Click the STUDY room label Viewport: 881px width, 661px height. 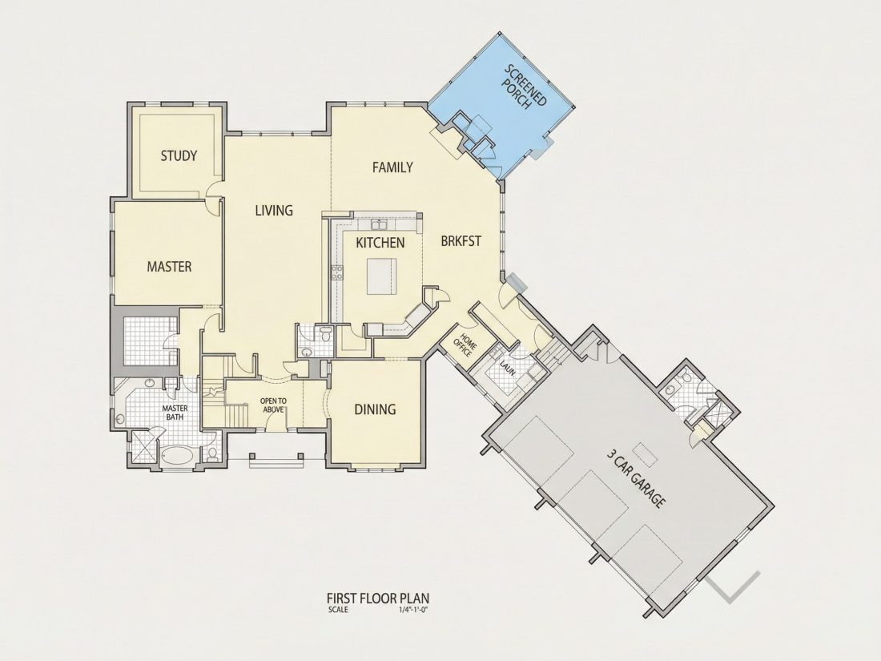tap(179, 155)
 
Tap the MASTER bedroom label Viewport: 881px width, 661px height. tap(169, 267)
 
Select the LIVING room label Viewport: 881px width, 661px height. tap(274, 210)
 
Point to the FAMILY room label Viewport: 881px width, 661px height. tap(392, 167)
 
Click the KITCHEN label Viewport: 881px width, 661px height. tap(380, 243)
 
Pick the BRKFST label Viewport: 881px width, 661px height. tap(461, 241)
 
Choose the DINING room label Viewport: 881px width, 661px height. tap(375, 409)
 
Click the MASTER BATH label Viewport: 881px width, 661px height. tap(175, 413)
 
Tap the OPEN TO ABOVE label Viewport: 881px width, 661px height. tap(273, 405)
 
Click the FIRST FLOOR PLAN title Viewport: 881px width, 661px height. tap(378, 597)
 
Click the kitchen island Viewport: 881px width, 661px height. tap(381, 276)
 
